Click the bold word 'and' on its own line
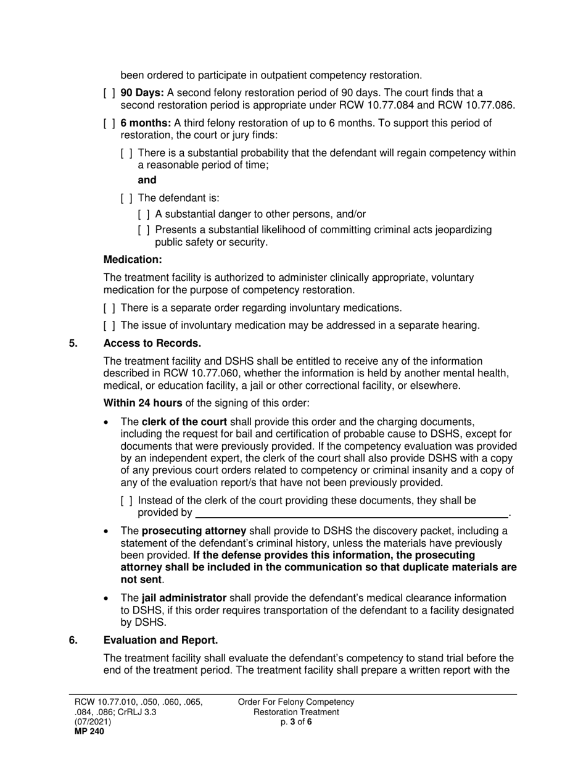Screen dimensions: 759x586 coord(147,180)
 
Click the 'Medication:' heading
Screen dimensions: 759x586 coord(132,260)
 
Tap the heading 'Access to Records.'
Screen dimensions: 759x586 coord(152,344)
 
